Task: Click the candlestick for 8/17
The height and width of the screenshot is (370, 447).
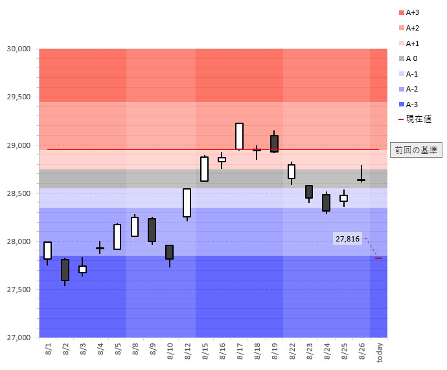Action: click(239, 136)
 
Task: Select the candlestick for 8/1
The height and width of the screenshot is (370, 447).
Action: click(47, 251)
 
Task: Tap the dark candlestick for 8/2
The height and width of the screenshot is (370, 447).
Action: click(65, 270)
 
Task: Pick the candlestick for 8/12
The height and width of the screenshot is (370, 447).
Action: click(187, 203)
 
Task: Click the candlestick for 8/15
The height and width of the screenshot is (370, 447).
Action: click(204, 169)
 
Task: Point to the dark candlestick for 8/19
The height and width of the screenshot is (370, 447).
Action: click(274, 143)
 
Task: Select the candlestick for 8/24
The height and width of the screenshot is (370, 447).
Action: click(326, 203)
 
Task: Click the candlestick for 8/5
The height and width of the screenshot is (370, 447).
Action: click(117, 237)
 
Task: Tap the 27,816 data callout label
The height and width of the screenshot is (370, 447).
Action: click(348, 239)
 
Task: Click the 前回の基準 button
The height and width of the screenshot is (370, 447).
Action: click(415, 150)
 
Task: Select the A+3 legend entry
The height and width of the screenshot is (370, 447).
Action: click(413, 12)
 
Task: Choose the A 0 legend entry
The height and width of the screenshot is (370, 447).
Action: click(411, 58)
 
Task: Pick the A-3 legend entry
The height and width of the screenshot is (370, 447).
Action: click(412, 105)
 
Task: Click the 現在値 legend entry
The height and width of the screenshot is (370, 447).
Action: click(415, 119)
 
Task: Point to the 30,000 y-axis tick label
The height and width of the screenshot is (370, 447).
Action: click(19, 49)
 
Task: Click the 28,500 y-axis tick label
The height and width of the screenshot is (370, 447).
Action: click(19, 193)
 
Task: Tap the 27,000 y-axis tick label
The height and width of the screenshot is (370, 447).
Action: click(19, 338)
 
